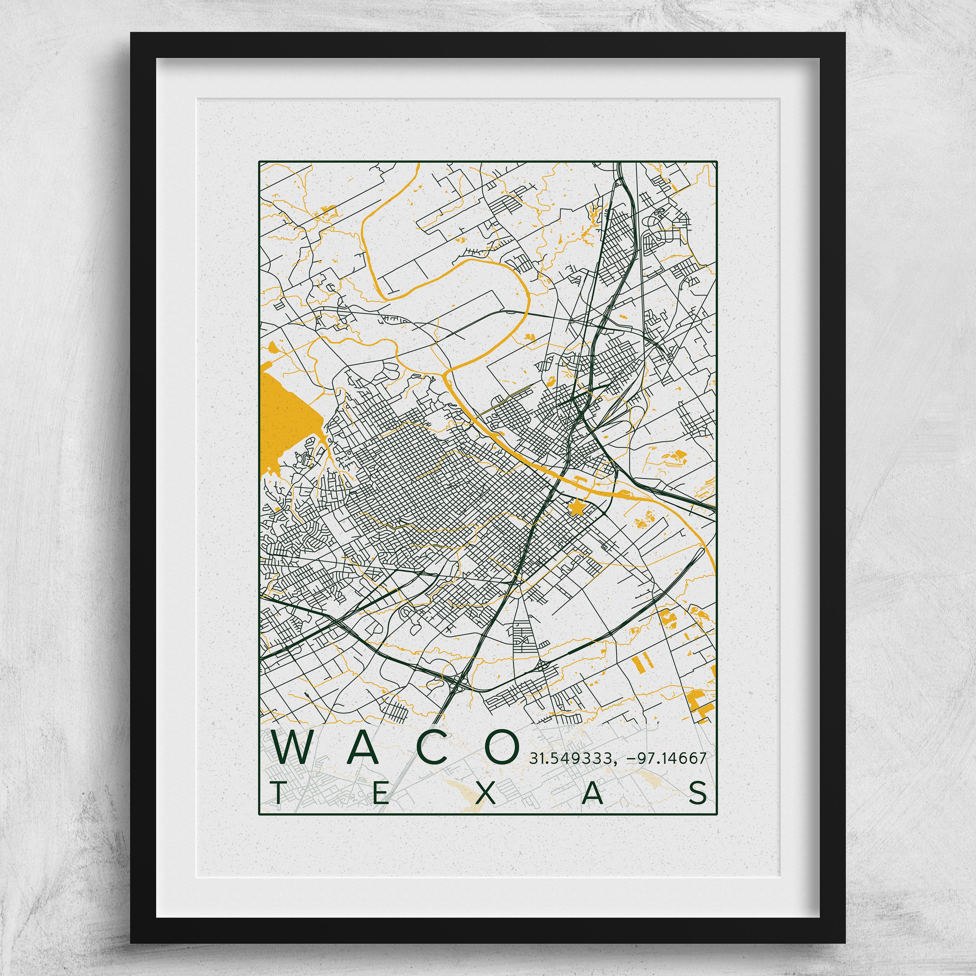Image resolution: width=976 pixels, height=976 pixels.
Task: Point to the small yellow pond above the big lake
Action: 273,346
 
